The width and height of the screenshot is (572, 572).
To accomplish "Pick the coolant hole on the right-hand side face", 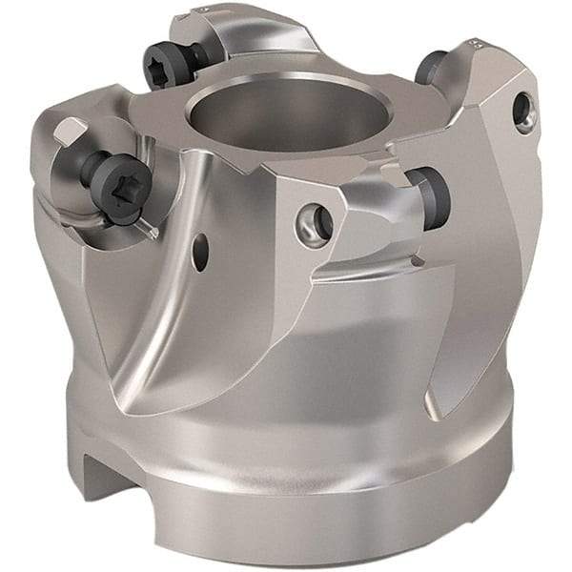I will click(521, 111).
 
